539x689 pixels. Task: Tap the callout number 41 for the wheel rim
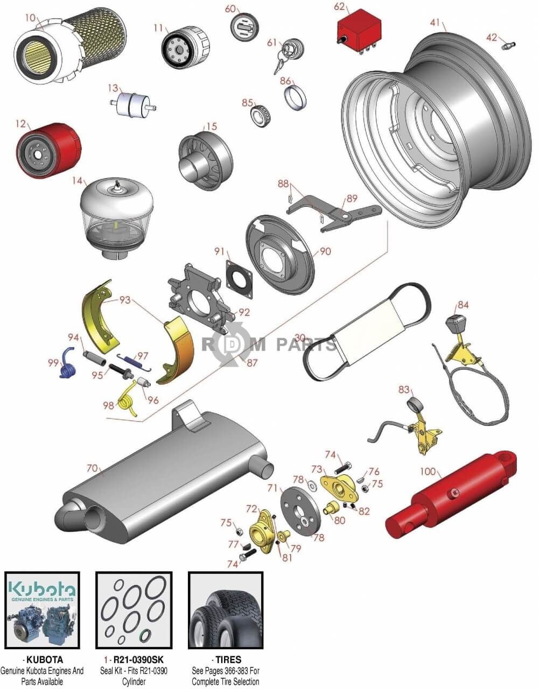click(x=435, y=23)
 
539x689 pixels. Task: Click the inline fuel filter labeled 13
click(x=133, y=104)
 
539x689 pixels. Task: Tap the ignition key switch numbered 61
click(x=289, y=55)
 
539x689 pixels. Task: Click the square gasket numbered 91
click(x=240, y=279)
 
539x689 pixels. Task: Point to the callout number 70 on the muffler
click(x=92, y=468)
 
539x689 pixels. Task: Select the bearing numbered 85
click(x=260, y=115)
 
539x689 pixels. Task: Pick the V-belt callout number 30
click(x=300, y=338)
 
